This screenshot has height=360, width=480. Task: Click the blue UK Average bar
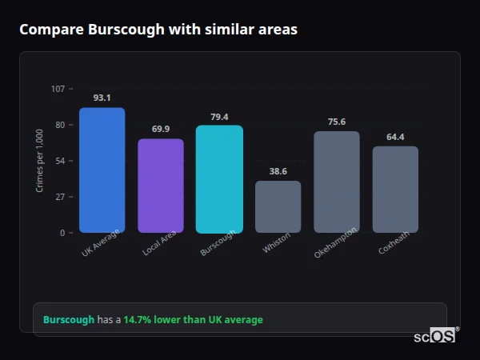click(102, 170)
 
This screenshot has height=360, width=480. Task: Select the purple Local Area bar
click(161, 186)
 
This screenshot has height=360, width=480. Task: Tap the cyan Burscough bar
click(219, 179)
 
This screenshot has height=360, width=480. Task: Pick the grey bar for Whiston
click(278, 206)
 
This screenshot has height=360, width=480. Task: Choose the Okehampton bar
click(336, 182)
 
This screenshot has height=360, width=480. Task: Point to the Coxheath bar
click(395, 190)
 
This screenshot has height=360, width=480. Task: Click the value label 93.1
click(102, 98)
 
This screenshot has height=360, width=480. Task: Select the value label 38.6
click(278, 171)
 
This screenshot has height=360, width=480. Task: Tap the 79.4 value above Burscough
click(219, 116)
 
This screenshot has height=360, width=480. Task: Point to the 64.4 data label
click(395, 137)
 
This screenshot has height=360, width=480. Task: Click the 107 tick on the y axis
click(58, 89)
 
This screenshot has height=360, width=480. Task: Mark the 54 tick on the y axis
click(60, 161)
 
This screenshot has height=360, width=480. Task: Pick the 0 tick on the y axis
click(62, 233)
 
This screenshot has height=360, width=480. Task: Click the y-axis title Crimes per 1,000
click(39, 161)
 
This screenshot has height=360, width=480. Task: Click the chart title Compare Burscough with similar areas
click(158, 30)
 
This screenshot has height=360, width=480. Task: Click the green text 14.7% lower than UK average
click(193, 319)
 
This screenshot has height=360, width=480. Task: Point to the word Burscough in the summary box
click(69, 319)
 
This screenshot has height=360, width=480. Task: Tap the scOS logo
click(435, 336)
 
